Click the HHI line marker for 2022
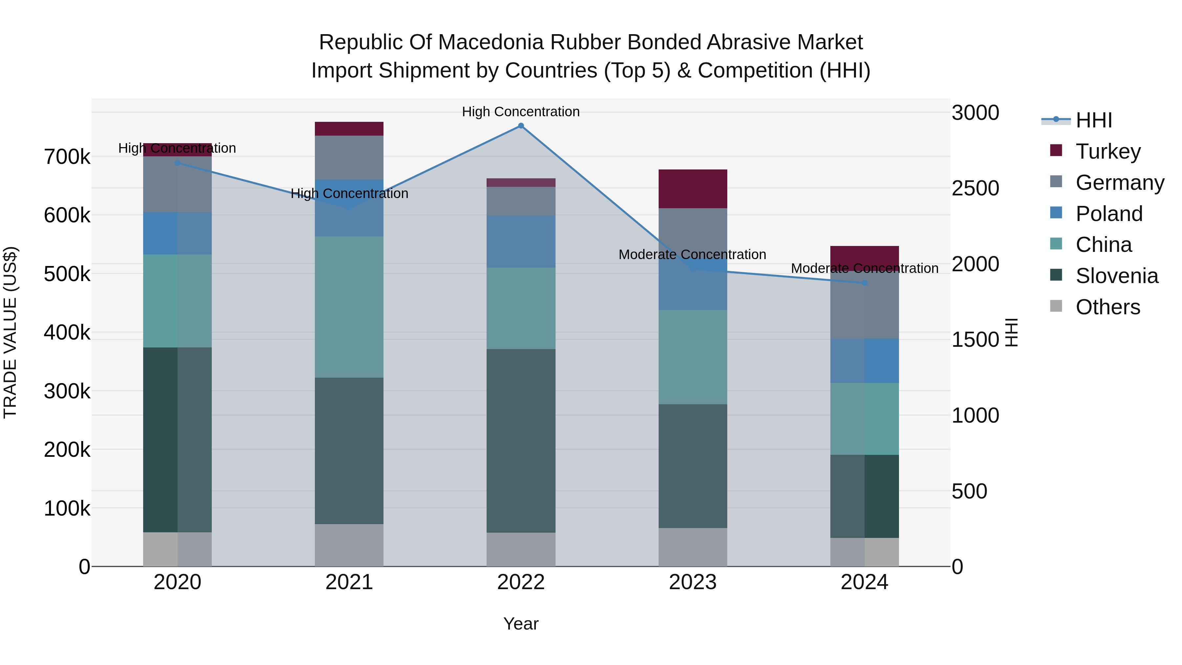tap(521, 126)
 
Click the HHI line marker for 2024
tap(865, 283)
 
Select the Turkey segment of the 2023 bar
tap(693, 188)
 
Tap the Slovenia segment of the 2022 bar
tap(521, 441)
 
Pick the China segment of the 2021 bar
tap(349, 307)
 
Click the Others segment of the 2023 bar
tap(693, 547)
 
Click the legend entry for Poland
tap(1108, 214)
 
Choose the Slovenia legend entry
tap(1116, 276)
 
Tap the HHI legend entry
tap(1093, 120)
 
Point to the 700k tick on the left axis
tap(67, 157)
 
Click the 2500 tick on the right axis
tap(975, 188)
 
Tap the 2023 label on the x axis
tap(693, 582)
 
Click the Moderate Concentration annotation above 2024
tap(865, 269)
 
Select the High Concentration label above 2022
tap(521, 112)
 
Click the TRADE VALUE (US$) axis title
tap(10, 332)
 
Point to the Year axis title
tap(521, 624)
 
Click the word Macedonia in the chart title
tap(486, 43)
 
